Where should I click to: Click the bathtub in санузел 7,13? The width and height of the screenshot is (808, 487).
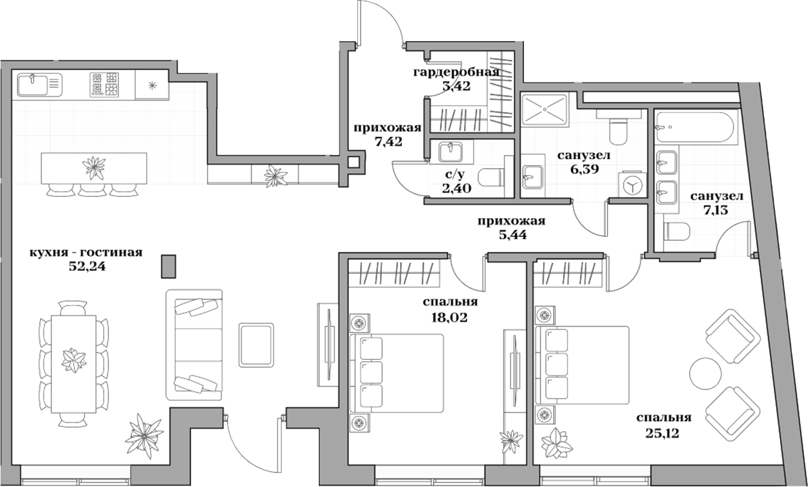(x=695, y=128)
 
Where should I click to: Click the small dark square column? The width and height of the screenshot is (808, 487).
(x=169, y=266)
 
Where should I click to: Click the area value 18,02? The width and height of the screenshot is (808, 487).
(x=449, y=317)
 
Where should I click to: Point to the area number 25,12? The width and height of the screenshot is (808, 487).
(x=663, y=433)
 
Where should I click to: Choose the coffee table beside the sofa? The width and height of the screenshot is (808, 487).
(x=256, y=344)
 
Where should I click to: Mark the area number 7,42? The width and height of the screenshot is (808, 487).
(x=389, y=142)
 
